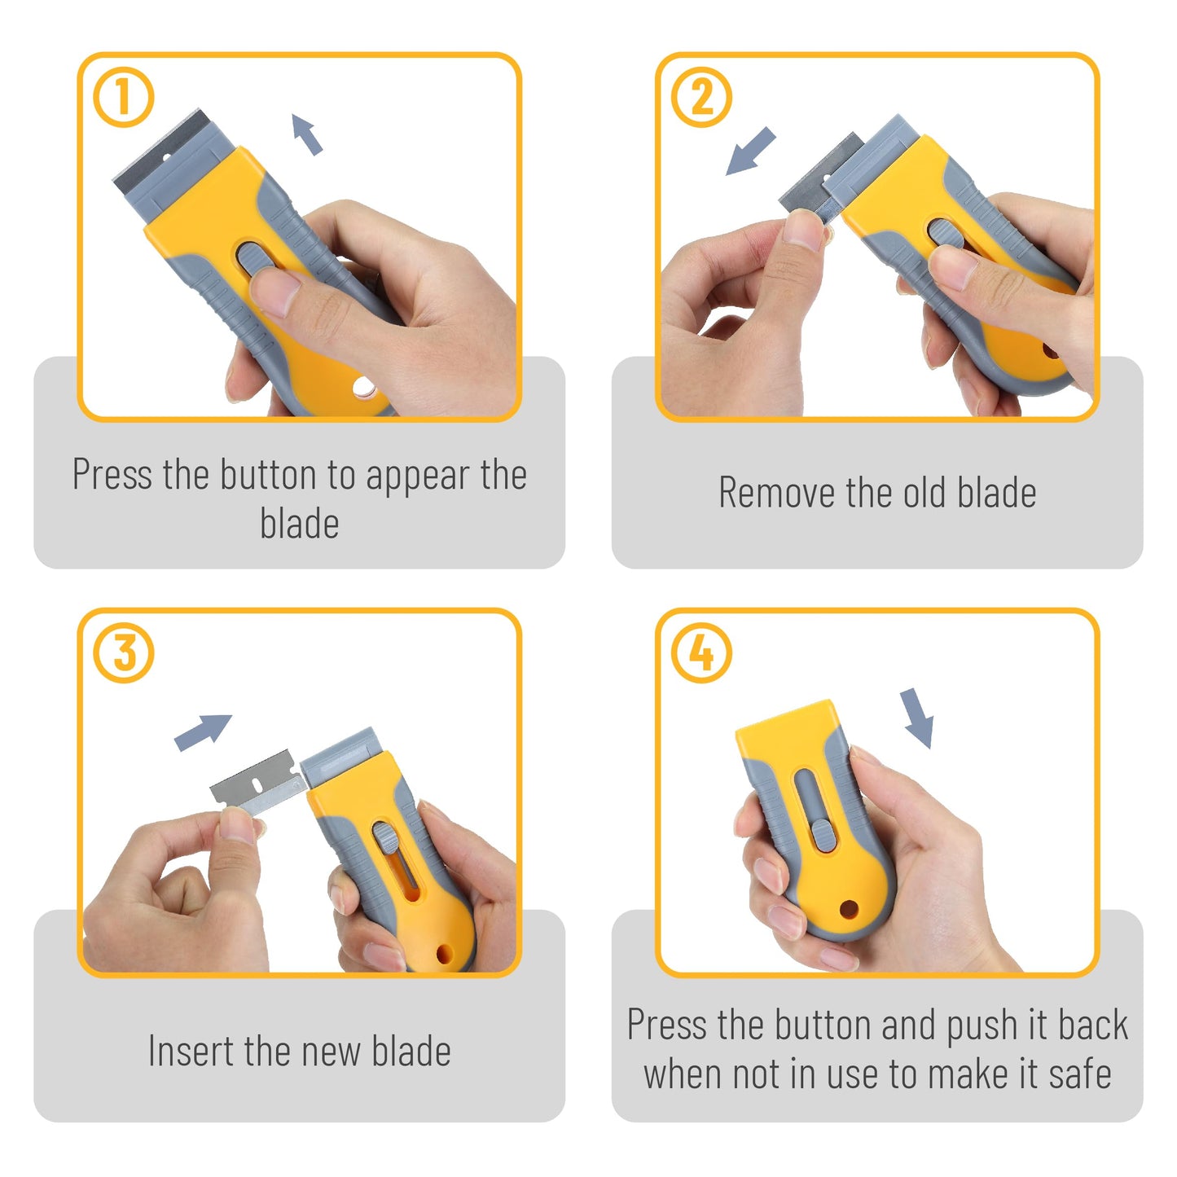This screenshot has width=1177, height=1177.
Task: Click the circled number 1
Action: point(124,97)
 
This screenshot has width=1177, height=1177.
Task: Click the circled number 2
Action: point(701,97)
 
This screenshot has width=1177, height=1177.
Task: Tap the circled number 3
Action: point(124,652)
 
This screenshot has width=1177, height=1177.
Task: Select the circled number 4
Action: point(701,652)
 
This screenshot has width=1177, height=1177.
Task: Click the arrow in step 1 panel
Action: point(307,134)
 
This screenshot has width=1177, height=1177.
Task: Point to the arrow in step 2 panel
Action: point(750,152)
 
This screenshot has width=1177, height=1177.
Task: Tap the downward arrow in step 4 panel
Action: point(918,717)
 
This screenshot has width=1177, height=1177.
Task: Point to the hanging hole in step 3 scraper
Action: point(445,952)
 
